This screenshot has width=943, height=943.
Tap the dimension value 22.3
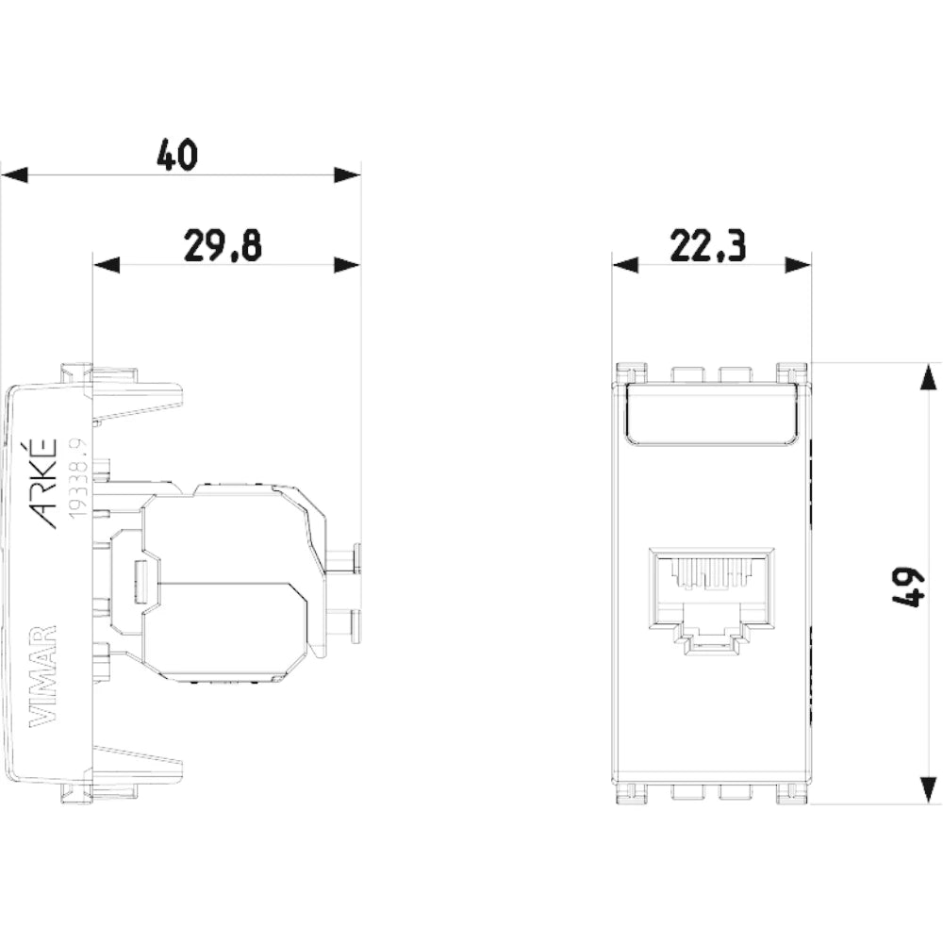coord(708,245)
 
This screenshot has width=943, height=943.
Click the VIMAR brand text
coord(42,675)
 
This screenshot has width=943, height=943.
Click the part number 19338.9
coord(78,478)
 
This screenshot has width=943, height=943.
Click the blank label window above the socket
coord(711,415)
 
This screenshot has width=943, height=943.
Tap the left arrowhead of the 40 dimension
coord(15,175)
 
